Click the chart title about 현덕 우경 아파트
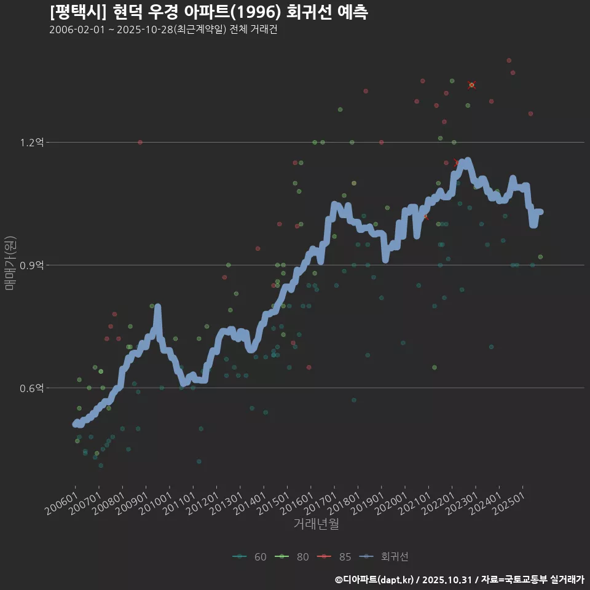click(208, 12)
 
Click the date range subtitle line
click(163, 29)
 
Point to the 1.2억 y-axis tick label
click(32, 143)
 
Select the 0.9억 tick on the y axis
click(32, 265)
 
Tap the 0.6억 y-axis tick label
click(32, 388)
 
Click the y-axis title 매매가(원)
click(9, 262)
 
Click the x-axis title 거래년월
click(316, 524)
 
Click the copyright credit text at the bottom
click(459, 580)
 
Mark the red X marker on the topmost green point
click(471, 85)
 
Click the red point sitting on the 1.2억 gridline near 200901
click(140, 143)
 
